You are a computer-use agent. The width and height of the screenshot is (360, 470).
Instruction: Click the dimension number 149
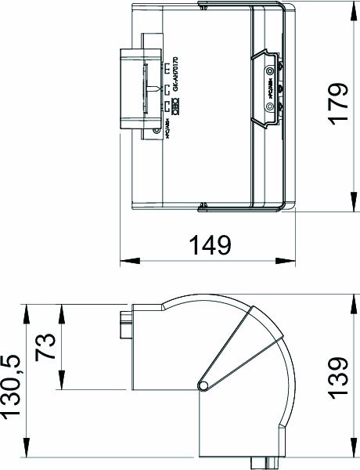pos(209,245)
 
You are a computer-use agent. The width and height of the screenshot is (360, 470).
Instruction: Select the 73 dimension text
pos(45,345)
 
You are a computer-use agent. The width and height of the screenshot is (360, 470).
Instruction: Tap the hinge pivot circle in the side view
pos(203,385)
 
